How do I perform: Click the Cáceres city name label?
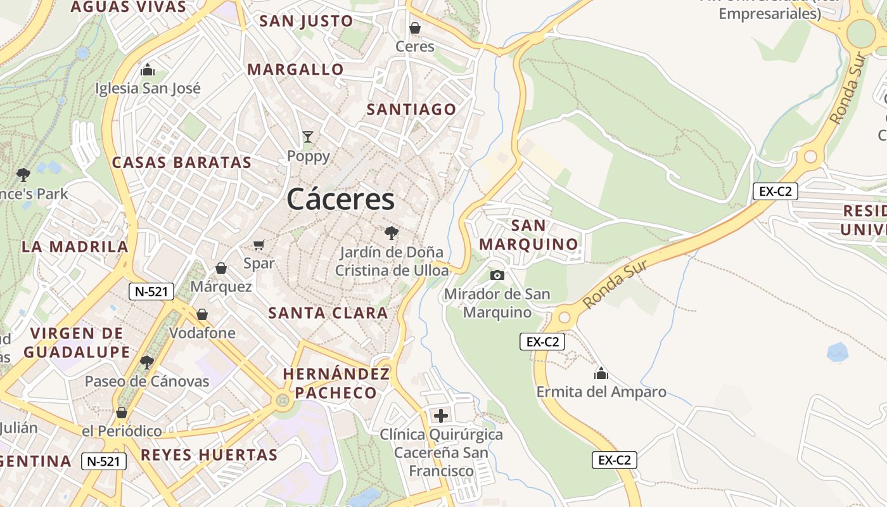[341, 200]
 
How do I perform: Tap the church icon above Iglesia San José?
[148, 69]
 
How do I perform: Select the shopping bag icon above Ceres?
[415, 28]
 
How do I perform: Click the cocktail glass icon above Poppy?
[308, 136]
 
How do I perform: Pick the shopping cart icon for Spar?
[258, 245]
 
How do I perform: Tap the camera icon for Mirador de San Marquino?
[497, 275]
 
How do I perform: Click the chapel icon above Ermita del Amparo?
[601, 373]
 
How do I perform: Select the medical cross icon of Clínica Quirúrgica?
[440, 416]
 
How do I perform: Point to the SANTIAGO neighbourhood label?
[411, 110]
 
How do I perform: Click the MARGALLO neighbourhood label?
[295, 70]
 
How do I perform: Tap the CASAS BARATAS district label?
[182, 162]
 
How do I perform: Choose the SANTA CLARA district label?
[328, 312]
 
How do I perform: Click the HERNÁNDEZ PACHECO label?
[336, 383]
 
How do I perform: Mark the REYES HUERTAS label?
[209, 454]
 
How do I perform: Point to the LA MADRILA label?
[75, 247]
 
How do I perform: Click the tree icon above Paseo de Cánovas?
[147, 362]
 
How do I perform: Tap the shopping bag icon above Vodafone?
[202, 314]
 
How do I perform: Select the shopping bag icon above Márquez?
[221, 268]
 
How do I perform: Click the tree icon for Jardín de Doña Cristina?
[392, 233]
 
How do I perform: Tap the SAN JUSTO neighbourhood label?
[306, 21]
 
